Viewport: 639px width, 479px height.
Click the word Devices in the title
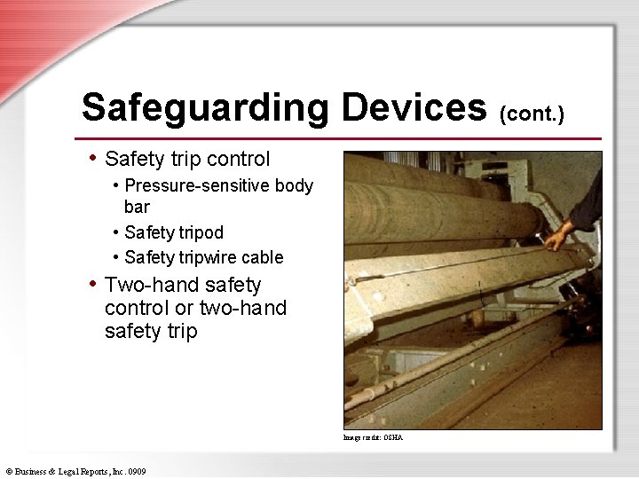point(414,108)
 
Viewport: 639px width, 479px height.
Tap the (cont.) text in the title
point(532,113)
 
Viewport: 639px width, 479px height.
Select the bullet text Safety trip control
point(187,159)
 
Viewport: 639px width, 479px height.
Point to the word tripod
point(200,232)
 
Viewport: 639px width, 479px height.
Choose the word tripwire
point(209,257)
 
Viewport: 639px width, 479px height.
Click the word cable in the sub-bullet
point(264,257)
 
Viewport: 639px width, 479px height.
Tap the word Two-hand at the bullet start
point(143,285)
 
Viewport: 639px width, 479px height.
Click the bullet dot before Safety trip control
point(93,158)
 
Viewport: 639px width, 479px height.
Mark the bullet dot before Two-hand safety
point(93,284)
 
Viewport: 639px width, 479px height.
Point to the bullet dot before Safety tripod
point(116,232)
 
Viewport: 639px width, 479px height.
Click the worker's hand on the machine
point(558,237)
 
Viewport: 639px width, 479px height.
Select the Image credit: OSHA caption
point(373,437)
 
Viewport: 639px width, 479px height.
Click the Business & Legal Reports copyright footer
point(75,470)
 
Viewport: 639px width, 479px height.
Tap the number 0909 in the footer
point(136,470)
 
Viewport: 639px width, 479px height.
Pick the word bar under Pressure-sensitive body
point(137,207)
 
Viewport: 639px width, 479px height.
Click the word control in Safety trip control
point(238,159)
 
